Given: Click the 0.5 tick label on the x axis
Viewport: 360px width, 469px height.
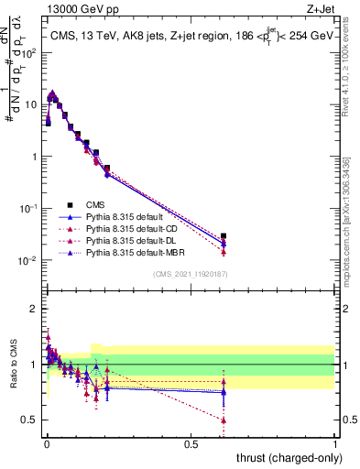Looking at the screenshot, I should point(191,443).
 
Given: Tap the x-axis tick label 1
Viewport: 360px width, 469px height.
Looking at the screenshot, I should point(334,443).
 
